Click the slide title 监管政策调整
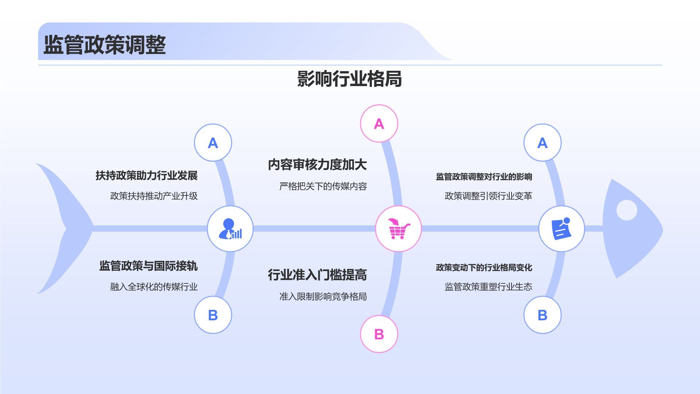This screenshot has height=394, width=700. (x=105, y=45)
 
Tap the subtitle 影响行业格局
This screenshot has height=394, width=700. (x=349, y=79)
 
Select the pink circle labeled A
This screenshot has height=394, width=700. (x=379, y=124)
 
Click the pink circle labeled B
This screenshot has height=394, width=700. (x=379, y=334)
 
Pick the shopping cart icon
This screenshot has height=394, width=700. (x=398, y=229)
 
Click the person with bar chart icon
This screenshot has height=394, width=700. (x=230, y=229)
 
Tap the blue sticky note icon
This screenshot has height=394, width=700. (x=561, y=229)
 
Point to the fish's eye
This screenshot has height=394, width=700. (x=626, y=210)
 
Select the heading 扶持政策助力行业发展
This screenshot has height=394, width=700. (x=147, y=175)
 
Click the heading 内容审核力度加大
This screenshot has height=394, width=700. (x=317, y=165)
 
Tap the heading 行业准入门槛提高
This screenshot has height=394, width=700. (x=317, y=275)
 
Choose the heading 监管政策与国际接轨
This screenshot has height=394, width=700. (x=148, y=266)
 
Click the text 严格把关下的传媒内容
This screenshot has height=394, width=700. (x=323, y=186)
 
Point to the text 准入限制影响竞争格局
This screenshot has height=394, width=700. (x=323, y=297)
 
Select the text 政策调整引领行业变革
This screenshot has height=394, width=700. (x=488, y=196)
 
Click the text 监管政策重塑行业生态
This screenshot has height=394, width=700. (x=488, y=287)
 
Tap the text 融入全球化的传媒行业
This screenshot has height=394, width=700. (x=154, y=287)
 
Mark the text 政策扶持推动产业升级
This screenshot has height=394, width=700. (x=154, y=196)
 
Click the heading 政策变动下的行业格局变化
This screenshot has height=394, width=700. (x=484, y=267)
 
